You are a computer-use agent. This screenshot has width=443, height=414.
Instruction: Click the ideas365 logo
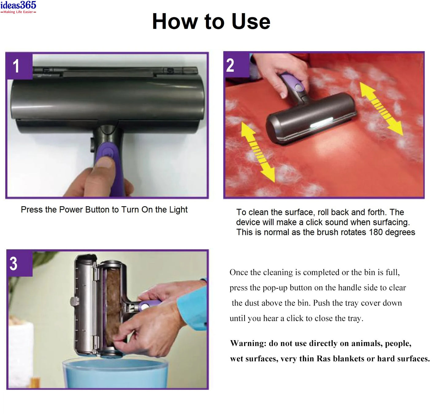coord(18,6)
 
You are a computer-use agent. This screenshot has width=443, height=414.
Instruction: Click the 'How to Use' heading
coord(211,21)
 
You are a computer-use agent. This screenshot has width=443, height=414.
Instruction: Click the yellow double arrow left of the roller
coord(258,152)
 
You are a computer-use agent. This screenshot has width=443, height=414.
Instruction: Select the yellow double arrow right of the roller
coord(381,109)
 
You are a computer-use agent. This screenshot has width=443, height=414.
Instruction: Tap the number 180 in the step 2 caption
coord(376,232)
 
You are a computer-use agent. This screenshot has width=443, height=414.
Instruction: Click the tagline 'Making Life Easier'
coord(18,12)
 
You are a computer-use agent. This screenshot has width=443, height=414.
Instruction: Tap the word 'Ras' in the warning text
coord(323,359)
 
